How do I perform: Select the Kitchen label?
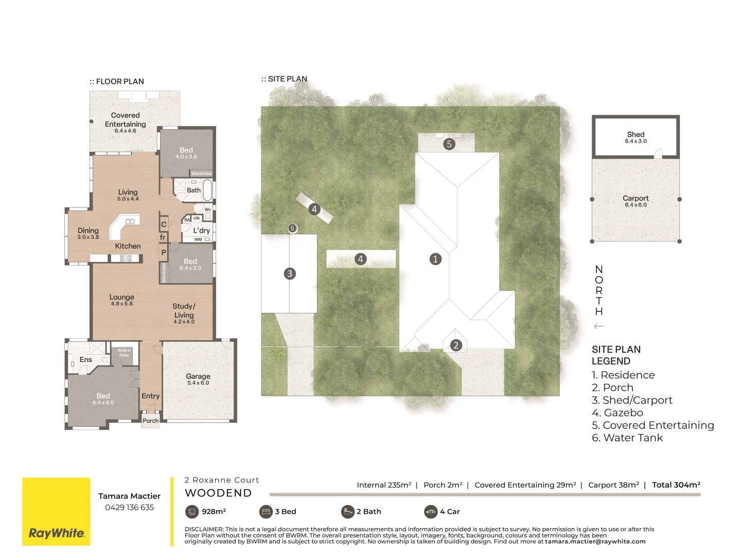tap(128, 246)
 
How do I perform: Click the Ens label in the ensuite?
tap(85, 359)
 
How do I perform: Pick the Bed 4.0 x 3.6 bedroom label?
tap(186, 152)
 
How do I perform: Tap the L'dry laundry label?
tap(201, 230)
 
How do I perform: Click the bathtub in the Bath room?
tap(207, 190)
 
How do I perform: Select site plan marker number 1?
tap(435, 259)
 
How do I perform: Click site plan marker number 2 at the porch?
tap(456, 345)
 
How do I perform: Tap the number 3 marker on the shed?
tap(290, 273)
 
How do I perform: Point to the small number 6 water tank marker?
tap(292, 228)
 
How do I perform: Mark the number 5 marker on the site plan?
tap(449, 144)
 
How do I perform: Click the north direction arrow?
tap(598, 326)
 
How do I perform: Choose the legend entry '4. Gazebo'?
tap(617, 413)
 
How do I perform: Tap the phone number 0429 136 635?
tap(129, 508)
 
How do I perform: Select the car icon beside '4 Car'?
tap(431, 511)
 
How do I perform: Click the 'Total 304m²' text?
tap(676, 485)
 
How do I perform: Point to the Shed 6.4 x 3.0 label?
tap(636, 137)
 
